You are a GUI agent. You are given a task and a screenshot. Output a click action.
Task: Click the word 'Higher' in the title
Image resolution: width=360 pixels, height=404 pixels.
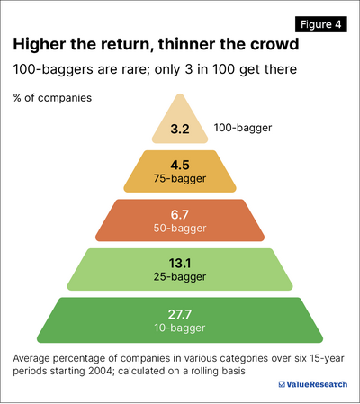(41, 45)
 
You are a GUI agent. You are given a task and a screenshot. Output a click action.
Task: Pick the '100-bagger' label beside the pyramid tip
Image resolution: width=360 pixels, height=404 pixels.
(242, 129)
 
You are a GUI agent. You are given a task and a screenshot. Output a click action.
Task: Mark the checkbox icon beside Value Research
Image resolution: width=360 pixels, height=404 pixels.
(282, 384)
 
